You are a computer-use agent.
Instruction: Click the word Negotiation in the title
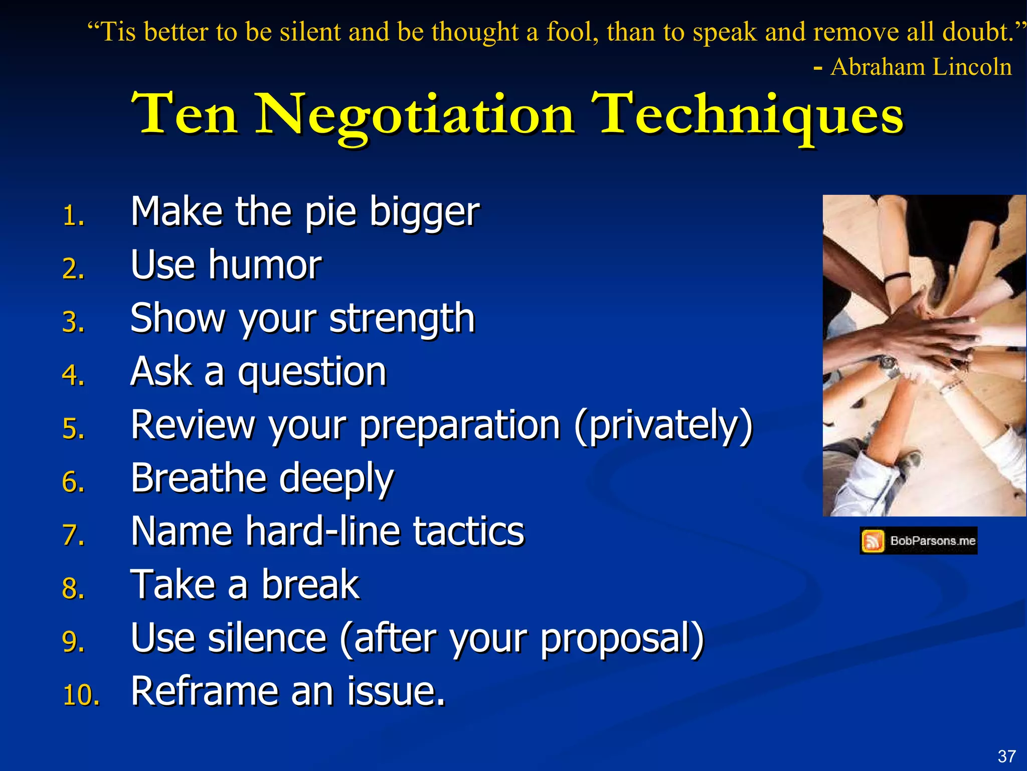click(x=415, y=115)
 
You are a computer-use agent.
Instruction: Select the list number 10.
click(x=81, y=696)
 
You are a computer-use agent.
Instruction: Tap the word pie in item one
click(x=330, y=213)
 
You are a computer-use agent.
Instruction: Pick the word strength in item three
click(x=402, y=319)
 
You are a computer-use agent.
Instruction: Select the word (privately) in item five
click(x=663, y=426)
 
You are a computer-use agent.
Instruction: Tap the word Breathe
click(x=198, y=478)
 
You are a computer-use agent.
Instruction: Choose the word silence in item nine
click(x=267, y=638)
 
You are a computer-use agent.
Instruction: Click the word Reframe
click(x=204, y=692)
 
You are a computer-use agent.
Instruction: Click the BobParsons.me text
click(x=932, y=541)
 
